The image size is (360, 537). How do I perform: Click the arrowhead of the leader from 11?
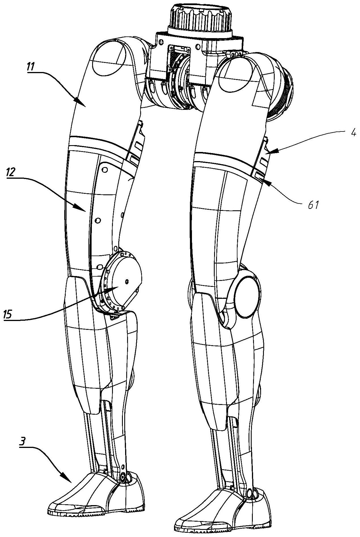(85, 106)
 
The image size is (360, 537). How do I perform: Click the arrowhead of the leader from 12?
(85, 211)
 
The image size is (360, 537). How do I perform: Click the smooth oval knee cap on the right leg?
(247, 297)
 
